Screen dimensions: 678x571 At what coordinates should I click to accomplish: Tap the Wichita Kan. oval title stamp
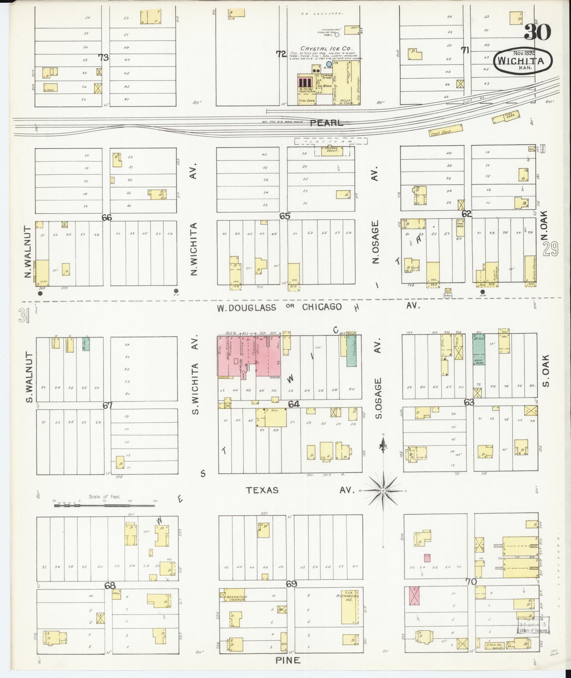click(x=523, y=61)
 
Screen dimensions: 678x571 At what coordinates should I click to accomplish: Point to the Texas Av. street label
click(x=262, y=490)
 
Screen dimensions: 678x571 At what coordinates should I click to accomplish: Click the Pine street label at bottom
click(x=288, y=660)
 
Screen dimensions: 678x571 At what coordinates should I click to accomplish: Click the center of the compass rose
click(x=383, y=491)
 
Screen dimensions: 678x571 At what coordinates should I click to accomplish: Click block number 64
click(x=294, y=404)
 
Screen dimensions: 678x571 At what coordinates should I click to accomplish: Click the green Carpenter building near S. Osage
click(x=352, y=351)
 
